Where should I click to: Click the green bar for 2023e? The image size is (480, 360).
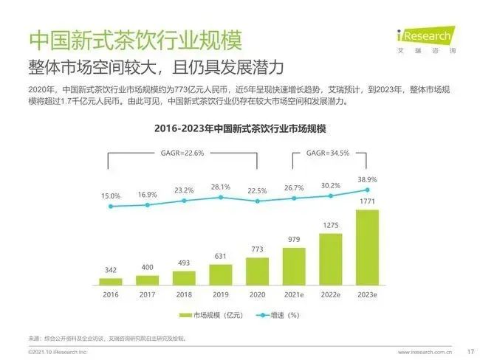[367, 247]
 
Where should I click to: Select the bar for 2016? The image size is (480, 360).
[111, 281]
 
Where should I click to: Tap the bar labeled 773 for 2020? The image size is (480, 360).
[257, 271]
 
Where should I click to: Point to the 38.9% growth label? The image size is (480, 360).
[367, 179]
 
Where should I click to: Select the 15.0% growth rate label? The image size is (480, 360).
[111, 195]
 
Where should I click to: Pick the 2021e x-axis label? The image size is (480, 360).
[294, 294]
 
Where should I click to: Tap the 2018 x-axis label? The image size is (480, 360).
[184, 294]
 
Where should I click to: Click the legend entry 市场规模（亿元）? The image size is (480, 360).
[206, 315]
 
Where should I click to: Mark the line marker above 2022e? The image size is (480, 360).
[330, 195]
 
